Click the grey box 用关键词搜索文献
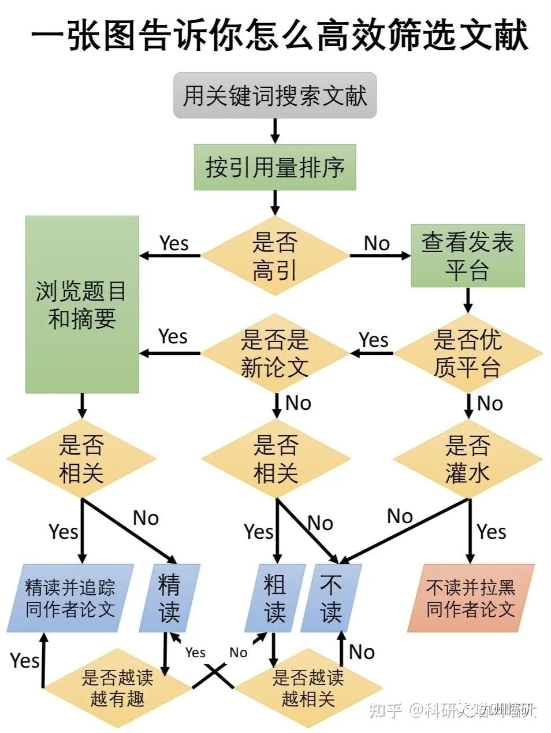click(x=275, y=95)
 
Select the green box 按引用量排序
click(x=275, y=167)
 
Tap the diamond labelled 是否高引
click(x=275, y=255)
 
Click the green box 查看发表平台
click(x=467, y=256)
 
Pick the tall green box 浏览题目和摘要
click(x=82, y=305)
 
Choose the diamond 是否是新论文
click(x=275, y=353)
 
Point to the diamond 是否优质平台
click(x=467, y=353)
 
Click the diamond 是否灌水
click(x=467, y=460)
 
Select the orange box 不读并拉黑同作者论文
click(x=470, y=598)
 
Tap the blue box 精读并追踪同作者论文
click(x=70, y=598)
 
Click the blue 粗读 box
click(x=274, y=598)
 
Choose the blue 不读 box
click(x=331, y=598)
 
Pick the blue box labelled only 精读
click(x=169, y=598)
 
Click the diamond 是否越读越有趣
click(x=117, y=688)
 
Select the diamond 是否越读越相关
click(x=308, y=688)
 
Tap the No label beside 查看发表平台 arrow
click(x=377, y=243)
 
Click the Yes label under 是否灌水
click(x=492, y=531)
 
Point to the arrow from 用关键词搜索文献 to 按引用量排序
click(x=275, y=131)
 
